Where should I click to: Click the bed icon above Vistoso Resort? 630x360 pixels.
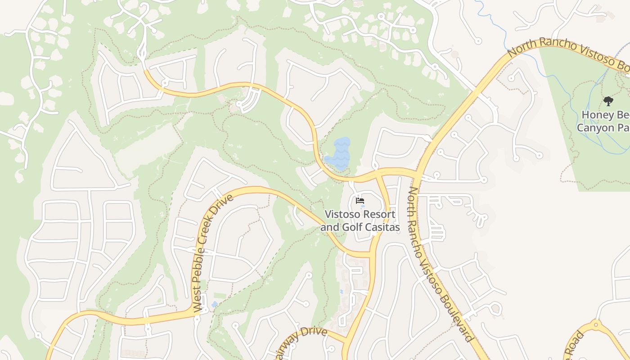(x=360, y=201)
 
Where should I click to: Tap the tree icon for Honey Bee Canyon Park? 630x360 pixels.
(x=608, y=101)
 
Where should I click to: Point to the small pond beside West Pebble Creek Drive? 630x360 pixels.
(x=214, y=305)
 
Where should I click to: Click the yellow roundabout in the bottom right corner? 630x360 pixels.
(x=596, y=324)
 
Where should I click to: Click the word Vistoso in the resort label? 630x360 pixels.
(x=341, y=214)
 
